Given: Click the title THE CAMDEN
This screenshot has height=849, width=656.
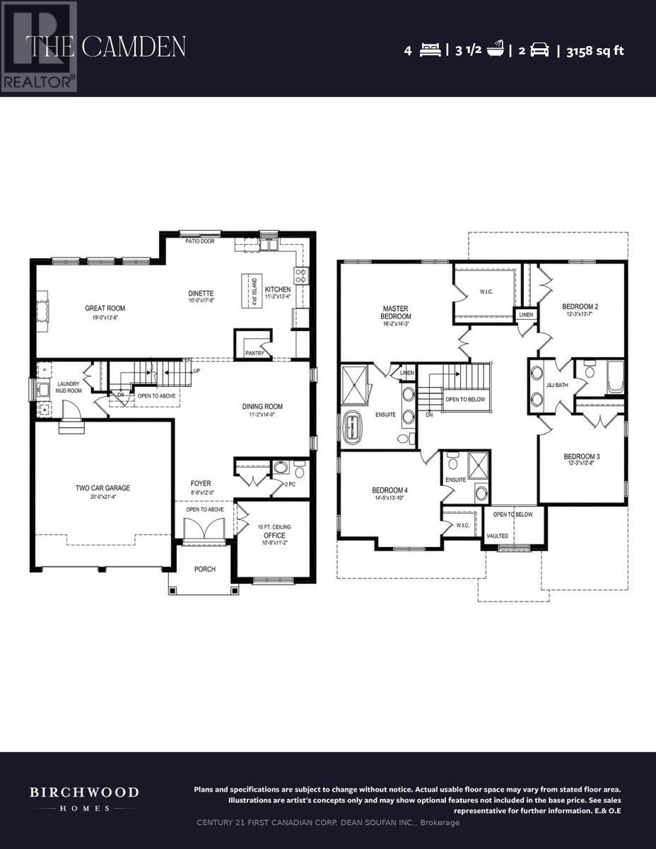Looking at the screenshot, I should (106, 47).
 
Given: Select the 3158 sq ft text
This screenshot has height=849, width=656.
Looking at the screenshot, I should (595, 50).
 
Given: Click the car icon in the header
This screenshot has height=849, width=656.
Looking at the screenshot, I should (539, 50).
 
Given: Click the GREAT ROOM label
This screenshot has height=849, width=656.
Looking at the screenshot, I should (105, 308).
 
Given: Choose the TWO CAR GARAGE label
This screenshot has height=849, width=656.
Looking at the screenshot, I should (103, 487).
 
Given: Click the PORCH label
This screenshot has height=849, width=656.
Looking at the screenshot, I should (205, 569).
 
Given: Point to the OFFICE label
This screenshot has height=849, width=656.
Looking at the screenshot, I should (273, 535).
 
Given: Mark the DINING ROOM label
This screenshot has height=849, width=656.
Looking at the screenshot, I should (262, 406).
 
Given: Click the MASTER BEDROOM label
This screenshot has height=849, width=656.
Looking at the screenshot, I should (397, 312).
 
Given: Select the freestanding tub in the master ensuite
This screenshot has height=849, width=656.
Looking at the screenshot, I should (352, 427).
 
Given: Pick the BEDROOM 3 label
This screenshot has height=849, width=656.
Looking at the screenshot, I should (582, 456).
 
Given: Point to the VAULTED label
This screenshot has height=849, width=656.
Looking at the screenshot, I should (497, 536).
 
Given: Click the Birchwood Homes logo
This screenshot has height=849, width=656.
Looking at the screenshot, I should (83, 798).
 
